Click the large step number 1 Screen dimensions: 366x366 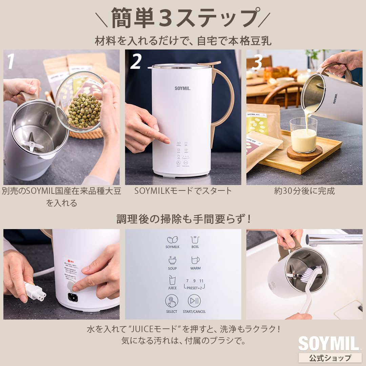click(11, 61)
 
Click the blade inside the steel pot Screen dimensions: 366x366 click(32, 142)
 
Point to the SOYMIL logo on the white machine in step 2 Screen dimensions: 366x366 click(183, 88)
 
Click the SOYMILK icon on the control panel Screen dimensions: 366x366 click(172, 240)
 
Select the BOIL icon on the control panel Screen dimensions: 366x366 click(195, 240)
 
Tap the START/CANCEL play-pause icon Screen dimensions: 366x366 click(194, 301)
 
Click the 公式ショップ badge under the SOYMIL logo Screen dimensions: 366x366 click(330, 358)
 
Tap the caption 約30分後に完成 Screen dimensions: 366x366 click(304, 191)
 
